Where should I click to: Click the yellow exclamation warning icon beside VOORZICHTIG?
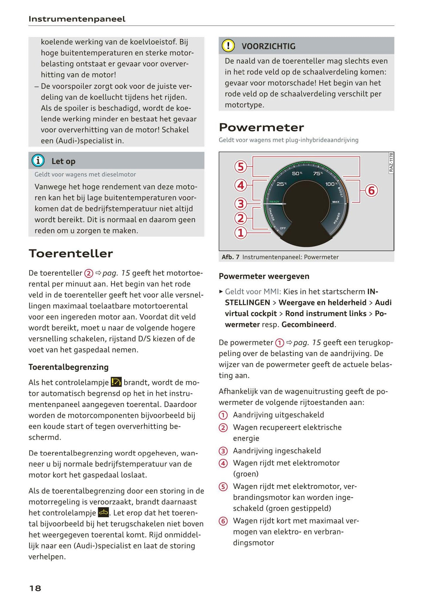point(228,46)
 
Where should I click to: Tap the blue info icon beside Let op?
point(38,161)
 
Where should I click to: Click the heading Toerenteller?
point(71,253)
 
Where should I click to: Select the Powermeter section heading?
point(261,127)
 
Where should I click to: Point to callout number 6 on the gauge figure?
point(371,191)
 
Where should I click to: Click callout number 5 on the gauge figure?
point(241,167)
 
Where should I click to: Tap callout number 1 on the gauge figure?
point(241,233)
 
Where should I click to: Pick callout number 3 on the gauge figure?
point(241,204)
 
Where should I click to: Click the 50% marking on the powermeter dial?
point(297,174)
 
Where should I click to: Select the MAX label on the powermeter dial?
point(335,202)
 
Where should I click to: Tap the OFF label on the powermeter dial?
point(283,228)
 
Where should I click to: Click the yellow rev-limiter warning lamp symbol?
point(116,382)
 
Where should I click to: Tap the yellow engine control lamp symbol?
point(103,513)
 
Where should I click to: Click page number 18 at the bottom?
point(35,588)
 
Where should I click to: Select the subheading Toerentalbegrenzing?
point(68,367)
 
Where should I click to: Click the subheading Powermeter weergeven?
point(264,276)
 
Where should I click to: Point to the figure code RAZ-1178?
point(391,163)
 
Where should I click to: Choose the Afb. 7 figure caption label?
point(230,257)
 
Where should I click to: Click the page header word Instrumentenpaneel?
point(77,19)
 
